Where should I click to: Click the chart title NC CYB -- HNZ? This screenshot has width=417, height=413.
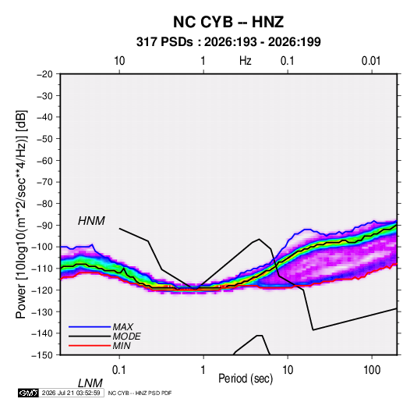228,22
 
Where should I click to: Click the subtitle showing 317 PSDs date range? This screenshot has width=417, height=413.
228,42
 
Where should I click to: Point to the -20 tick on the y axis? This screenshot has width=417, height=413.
44,74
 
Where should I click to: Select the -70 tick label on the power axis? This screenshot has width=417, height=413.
44,182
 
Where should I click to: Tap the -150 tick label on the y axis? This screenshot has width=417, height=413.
43,355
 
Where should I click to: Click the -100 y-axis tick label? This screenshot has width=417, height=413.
43,247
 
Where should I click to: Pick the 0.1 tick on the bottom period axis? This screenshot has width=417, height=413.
119,370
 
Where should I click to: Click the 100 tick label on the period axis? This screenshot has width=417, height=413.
372,370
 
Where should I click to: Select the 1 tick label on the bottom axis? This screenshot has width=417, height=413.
203,370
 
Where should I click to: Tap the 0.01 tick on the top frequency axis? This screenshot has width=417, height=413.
371,61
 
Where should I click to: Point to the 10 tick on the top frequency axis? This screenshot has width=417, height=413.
119,61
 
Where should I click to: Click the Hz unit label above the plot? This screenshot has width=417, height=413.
246,61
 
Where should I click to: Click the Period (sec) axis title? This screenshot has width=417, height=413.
246,379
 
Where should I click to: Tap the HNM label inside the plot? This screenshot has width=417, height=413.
91,221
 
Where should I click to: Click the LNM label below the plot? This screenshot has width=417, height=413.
90,383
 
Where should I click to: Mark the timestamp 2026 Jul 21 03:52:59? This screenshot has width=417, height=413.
71,393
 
